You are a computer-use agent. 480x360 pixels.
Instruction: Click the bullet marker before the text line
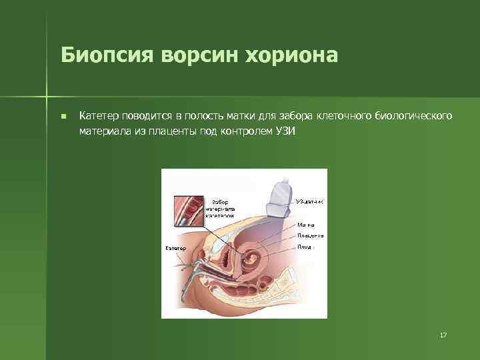click(x=63, y=117)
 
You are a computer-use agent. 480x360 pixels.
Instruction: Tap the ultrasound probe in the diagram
click(x=279, y=197)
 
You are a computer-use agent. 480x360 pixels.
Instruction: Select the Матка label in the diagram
click(x=306, y=225)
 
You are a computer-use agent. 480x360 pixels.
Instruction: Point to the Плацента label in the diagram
click(x=310, y=235)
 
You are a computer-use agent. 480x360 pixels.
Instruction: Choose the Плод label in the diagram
click(x=305, y=247)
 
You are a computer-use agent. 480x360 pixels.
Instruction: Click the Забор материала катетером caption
click(x=220, y=209)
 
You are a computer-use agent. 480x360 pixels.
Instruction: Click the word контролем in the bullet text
click(x=251, y=131)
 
